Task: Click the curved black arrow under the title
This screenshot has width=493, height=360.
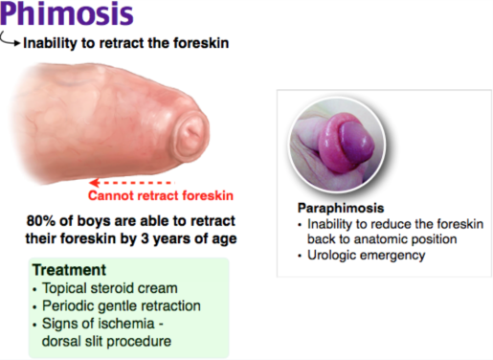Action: (x=11, y=41)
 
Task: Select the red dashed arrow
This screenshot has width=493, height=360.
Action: (x=133, y=179)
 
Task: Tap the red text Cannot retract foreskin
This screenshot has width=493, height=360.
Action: (x=157, y=196)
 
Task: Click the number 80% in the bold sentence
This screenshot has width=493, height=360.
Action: (x=44, y=220)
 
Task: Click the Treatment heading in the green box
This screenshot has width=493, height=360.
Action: (x=69, y=271)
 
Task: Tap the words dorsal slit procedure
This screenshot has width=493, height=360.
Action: (x=97, y=341)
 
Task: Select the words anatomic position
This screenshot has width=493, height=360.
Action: (x=392, y=237)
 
